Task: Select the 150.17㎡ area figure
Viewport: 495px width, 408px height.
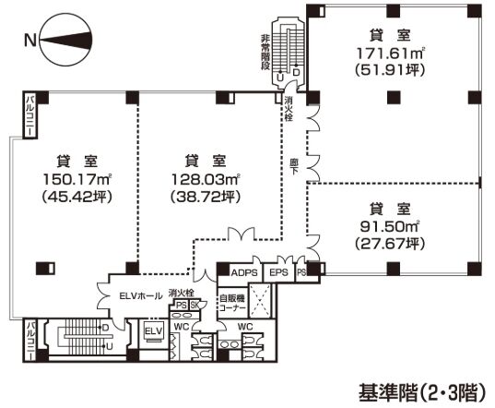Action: point(69,178)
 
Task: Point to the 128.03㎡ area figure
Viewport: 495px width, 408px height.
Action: point(193,178)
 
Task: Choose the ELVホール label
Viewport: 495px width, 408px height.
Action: point(133,296)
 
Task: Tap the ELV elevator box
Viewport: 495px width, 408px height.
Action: point(154,330)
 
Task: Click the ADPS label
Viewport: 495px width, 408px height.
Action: point(244,272)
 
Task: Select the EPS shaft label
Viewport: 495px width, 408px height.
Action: point(277,272)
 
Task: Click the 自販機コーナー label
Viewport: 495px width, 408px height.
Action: point(230,303)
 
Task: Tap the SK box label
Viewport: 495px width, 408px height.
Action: point(194,306)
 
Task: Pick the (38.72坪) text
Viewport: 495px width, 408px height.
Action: point(193,197)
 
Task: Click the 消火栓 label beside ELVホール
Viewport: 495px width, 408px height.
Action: point(180,294)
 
